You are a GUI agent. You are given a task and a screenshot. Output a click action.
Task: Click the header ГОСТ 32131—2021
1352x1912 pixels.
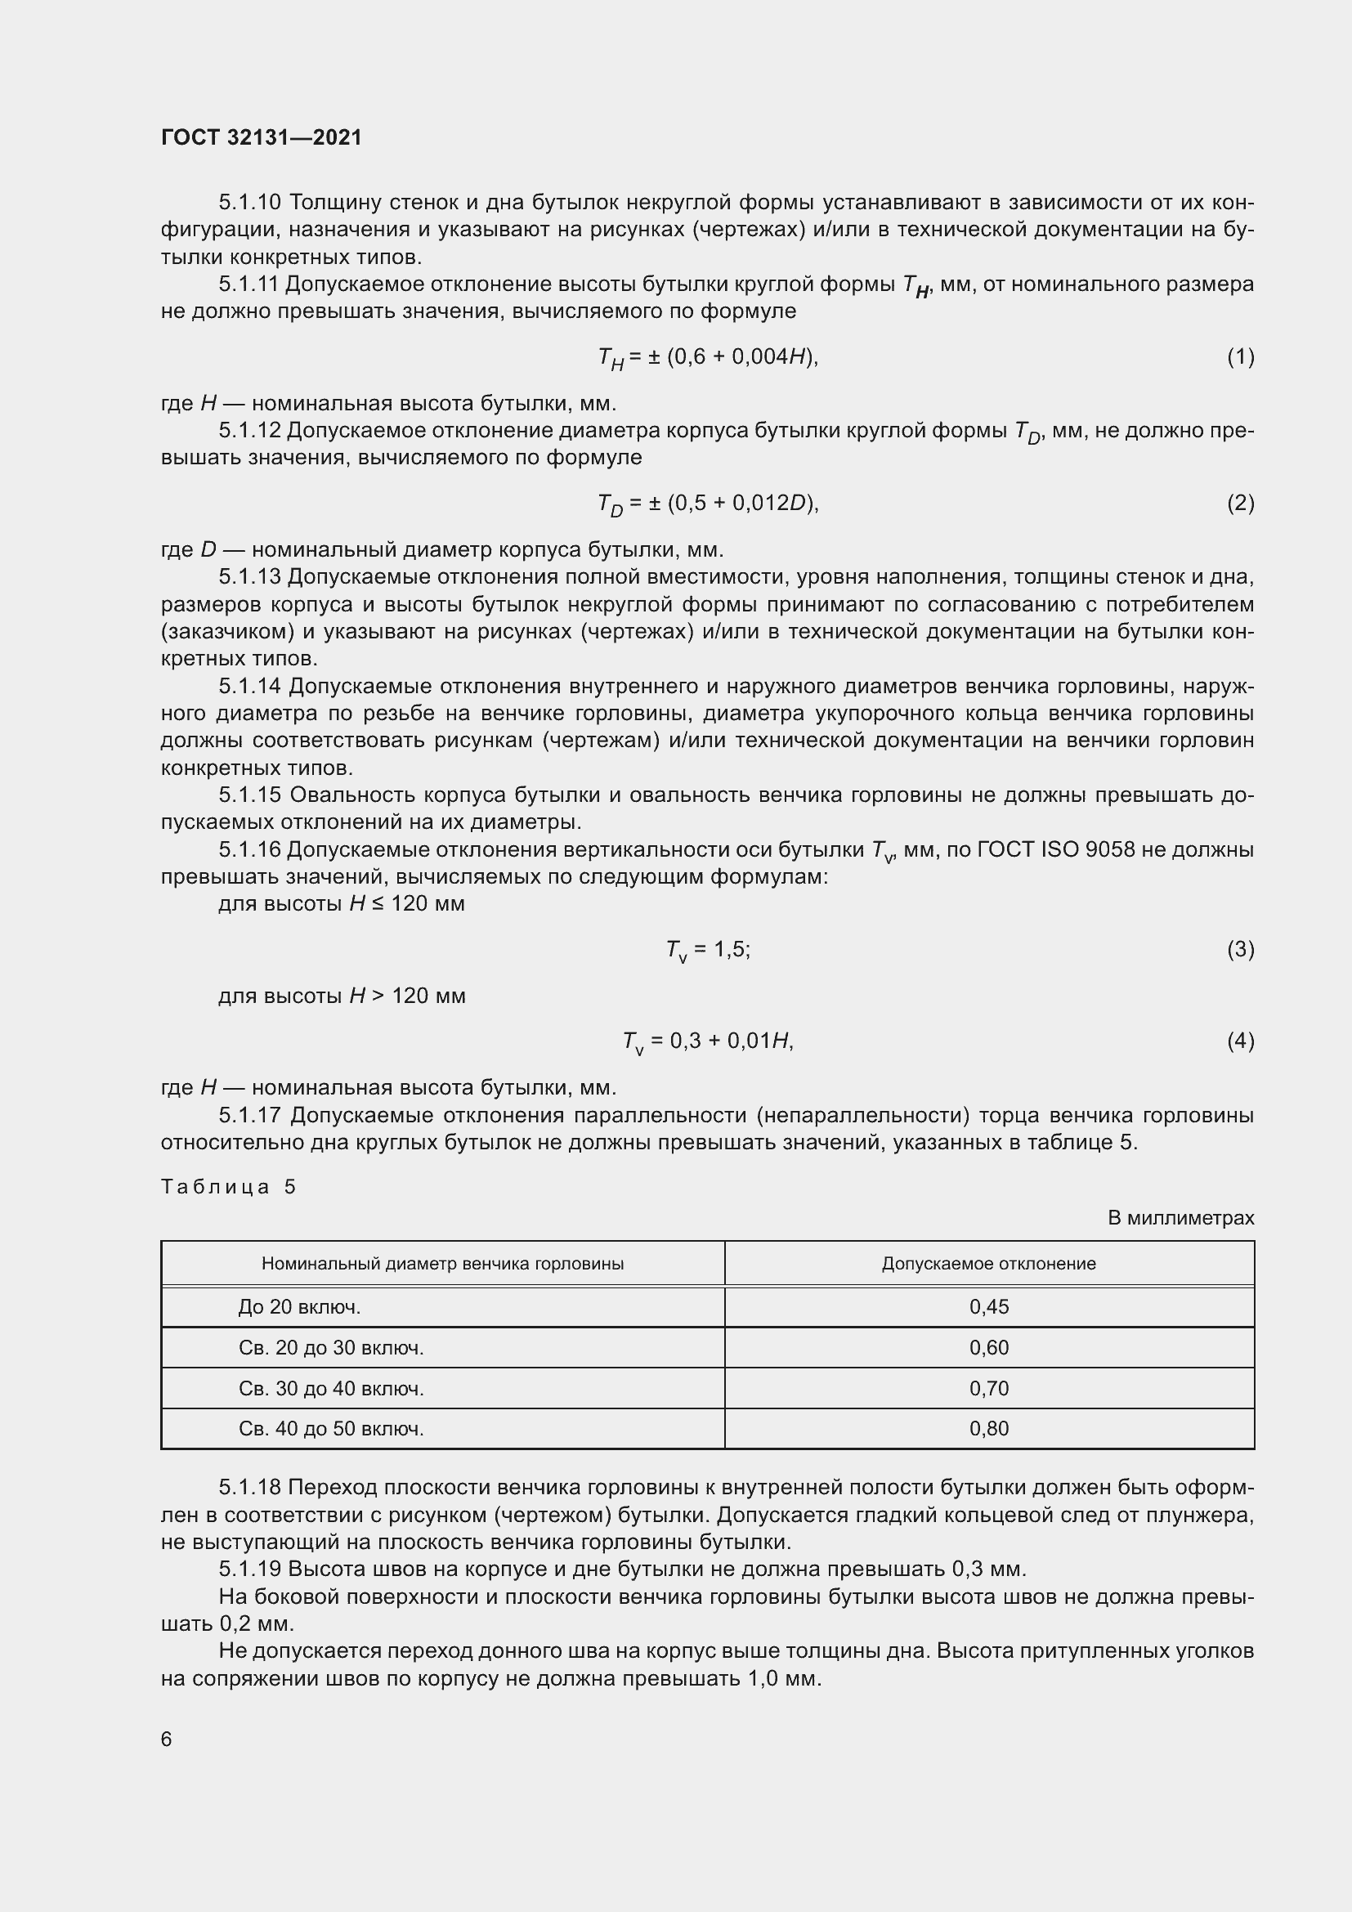coord(262,137)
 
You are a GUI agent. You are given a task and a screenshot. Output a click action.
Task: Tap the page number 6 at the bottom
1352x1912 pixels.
coord(167,1739)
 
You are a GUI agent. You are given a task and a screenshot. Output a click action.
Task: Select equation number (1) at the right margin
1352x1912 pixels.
coord(1240,356)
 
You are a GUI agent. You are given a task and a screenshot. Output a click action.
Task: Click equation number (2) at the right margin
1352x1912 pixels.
coord(1240,502)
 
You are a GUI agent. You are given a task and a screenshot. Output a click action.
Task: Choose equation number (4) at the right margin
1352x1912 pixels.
coord(1240,1040)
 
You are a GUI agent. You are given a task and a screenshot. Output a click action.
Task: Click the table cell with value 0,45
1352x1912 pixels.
coord(988,1306)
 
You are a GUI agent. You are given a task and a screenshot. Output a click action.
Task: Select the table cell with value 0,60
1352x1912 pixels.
coord(988,1347)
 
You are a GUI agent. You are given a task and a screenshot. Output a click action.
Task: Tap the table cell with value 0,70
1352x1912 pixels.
coord(988,1388)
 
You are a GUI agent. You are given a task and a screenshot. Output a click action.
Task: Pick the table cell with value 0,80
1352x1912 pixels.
coord(988,1428)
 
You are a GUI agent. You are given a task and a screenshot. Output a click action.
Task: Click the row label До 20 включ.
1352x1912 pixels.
coord(299,1306)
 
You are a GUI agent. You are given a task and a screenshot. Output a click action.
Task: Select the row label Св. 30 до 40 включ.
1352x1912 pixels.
coord(330,1388)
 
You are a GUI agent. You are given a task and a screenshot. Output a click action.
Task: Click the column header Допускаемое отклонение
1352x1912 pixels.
coord(988,1263)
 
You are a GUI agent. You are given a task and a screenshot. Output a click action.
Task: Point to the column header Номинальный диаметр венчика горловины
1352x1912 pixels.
coord(442,1263)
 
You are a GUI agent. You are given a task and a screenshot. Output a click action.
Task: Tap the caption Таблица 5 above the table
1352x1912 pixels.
coord(228,1187)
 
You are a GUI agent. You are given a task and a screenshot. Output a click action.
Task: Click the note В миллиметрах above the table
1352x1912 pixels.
coord(1180,1217)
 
